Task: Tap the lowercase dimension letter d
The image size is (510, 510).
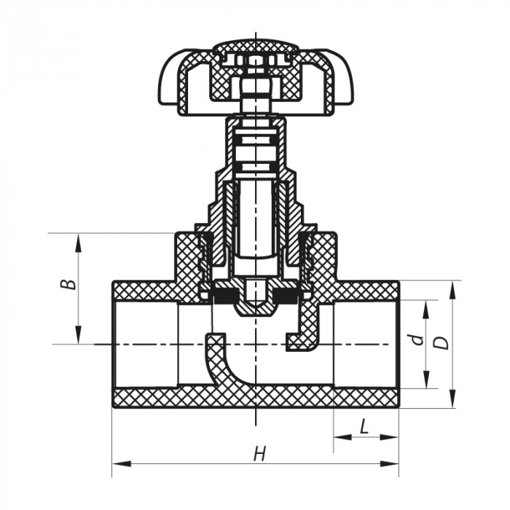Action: point(415,340)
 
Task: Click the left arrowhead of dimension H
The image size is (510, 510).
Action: point(117,463)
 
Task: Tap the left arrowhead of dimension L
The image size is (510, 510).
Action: point(340,437)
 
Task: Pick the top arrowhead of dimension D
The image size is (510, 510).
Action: point(453,285)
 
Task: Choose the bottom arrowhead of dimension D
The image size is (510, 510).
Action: point(453,401)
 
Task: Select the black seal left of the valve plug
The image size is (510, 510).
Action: point(222,295)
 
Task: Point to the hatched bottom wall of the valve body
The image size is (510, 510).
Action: point(255,398)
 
